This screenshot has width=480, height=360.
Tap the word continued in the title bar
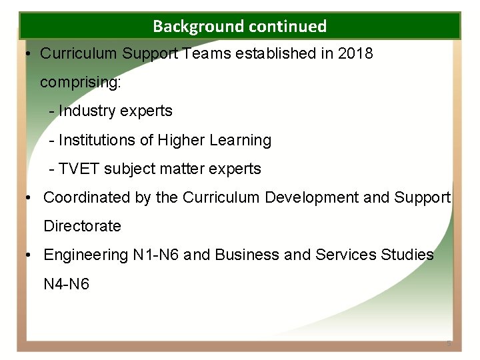287,27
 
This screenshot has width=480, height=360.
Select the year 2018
355,54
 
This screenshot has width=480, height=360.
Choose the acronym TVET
77,169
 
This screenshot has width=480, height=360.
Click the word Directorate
82,226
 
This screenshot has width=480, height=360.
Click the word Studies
407,255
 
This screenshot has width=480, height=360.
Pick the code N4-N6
67,285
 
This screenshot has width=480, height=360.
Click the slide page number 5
449,344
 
